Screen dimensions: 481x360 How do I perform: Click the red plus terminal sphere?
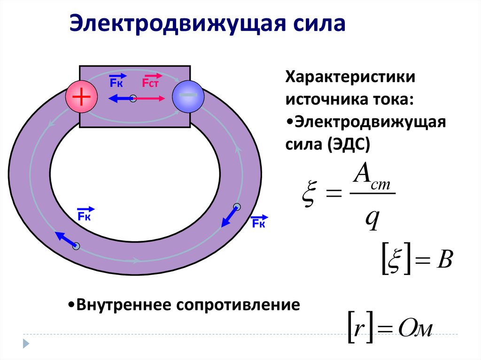tap(81, 97)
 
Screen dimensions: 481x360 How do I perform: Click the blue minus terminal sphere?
tap(188, 97)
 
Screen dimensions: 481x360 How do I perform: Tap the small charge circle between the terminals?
tap(133, 99)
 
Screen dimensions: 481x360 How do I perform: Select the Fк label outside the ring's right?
tap(258, 222)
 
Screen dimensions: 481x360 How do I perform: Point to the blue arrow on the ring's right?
tap(229, 216)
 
